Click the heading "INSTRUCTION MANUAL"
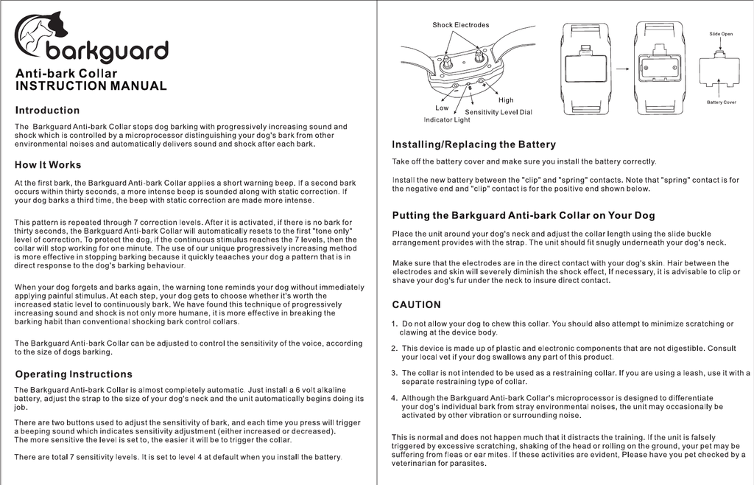[91, 86]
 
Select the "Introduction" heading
[47, 111]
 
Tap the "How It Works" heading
[48, 164]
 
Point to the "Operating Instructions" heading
[74, 374]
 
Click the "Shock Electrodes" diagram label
[460, 25]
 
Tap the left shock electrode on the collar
[447, 62]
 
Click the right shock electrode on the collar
[479, 56]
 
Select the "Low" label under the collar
[442, 108]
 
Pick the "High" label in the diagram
[506, 100]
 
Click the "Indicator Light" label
[446, 119]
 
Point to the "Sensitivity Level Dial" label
[498, 112]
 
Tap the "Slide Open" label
[721, 34]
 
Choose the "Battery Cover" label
[721, 102]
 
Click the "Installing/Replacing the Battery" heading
[473, 144]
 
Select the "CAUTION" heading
[416, 304]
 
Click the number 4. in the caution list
[395, 398]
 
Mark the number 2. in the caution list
[395, 348]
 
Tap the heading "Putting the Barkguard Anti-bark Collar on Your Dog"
[523, 215]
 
